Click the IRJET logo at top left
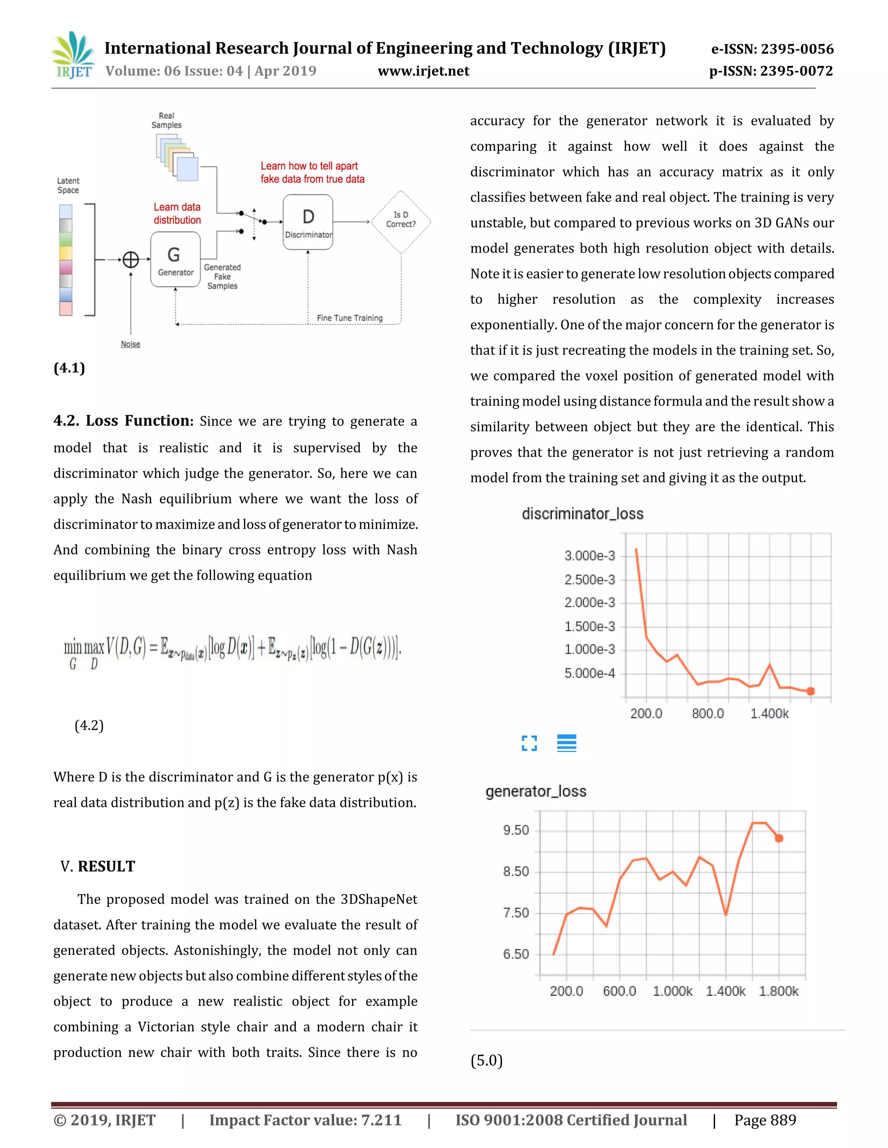pos(74,55)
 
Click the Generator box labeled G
pos(175,259)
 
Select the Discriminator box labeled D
pos(308,222)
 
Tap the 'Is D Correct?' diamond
pos(401,221)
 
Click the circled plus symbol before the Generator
pos(131,259)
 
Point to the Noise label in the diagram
pos(131,344)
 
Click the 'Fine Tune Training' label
pos(349,318)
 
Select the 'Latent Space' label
pos(69,185)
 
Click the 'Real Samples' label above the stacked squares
pos(166,120)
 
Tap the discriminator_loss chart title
pos(582,513)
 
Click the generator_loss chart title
pos(535,791)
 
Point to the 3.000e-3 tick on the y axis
pos(589,556)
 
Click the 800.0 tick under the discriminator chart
pos(708,713)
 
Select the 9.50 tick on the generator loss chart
pos(516,830)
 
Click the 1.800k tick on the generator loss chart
pos(778,991)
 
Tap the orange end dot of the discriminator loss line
pos(811,691)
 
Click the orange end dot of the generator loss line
pos(779,838)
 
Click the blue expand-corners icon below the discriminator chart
pos(529,743)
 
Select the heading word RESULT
pos(106,866)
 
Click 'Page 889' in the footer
pos(765,1120)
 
